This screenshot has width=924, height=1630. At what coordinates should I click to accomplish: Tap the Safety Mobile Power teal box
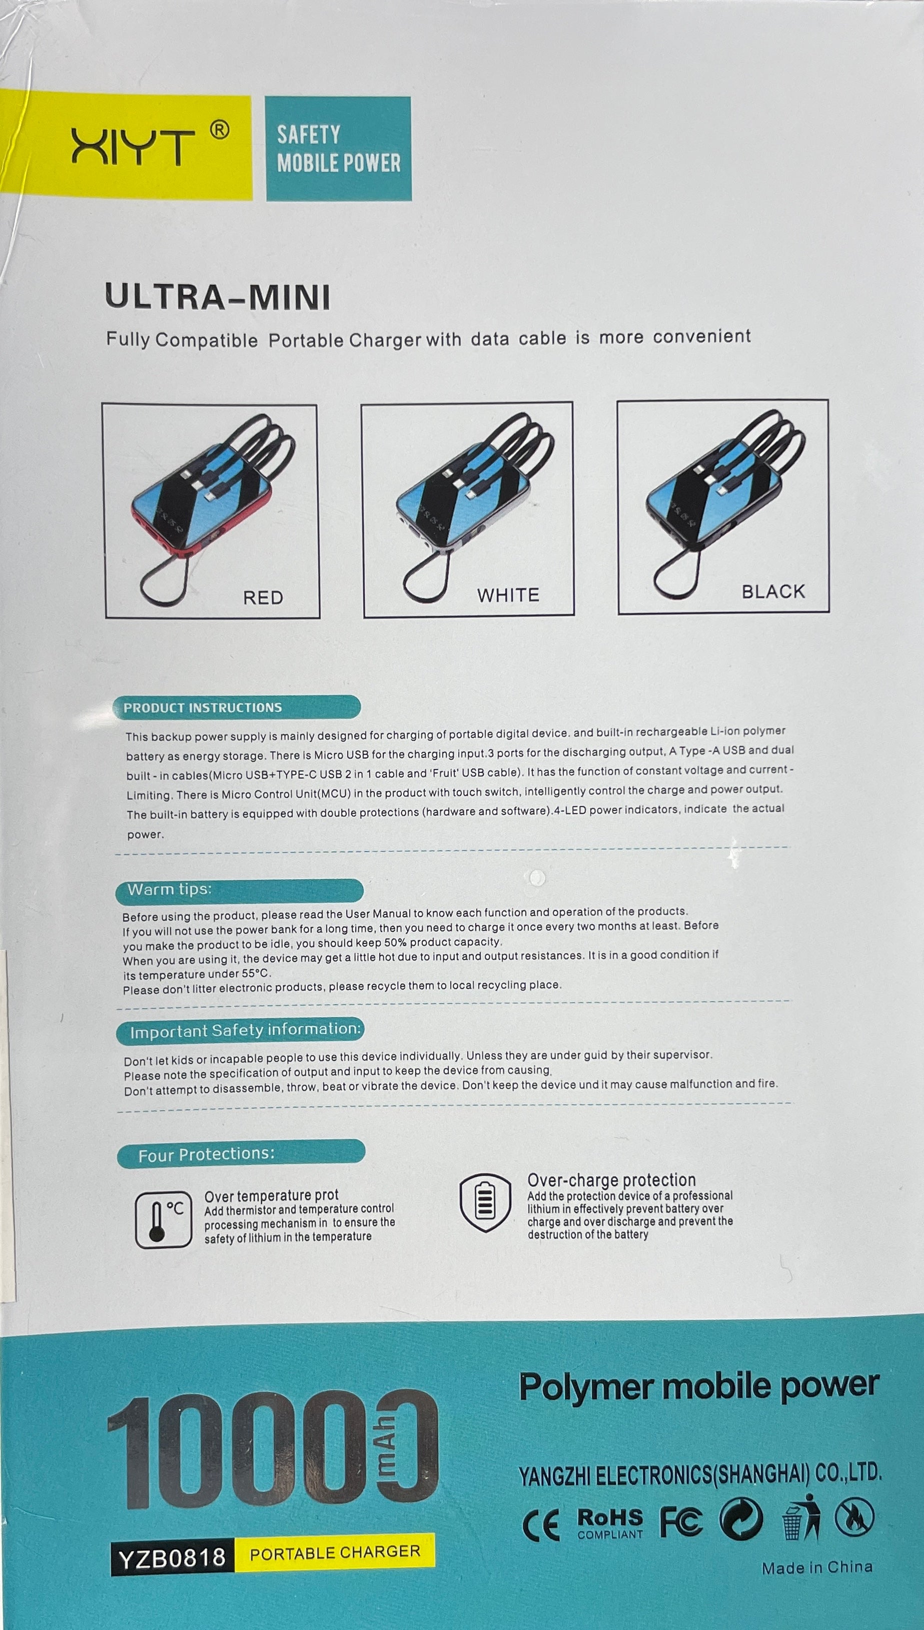(338, 149)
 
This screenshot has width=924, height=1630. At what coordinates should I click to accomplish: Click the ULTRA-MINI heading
(218, 297)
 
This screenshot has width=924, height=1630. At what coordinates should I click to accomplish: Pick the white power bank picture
(468, 509)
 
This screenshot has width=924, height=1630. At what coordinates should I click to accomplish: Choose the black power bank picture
(723, 506)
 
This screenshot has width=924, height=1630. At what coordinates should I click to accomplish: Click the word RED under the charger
(263, 598)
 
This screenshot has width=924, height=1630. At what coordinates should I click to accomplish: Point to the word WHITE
(508, 595)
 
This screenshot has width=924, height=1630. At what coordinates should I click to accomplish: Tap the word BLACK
(773, 592)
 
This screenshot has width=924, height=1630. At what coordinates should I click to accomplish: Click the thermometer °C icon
(163, 1219)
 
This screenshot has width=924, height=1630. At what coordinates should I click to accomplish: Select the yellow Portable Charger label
(335, 1552)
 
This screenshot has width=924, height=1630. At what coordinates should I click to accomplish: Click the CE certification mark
(541, 1525)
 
